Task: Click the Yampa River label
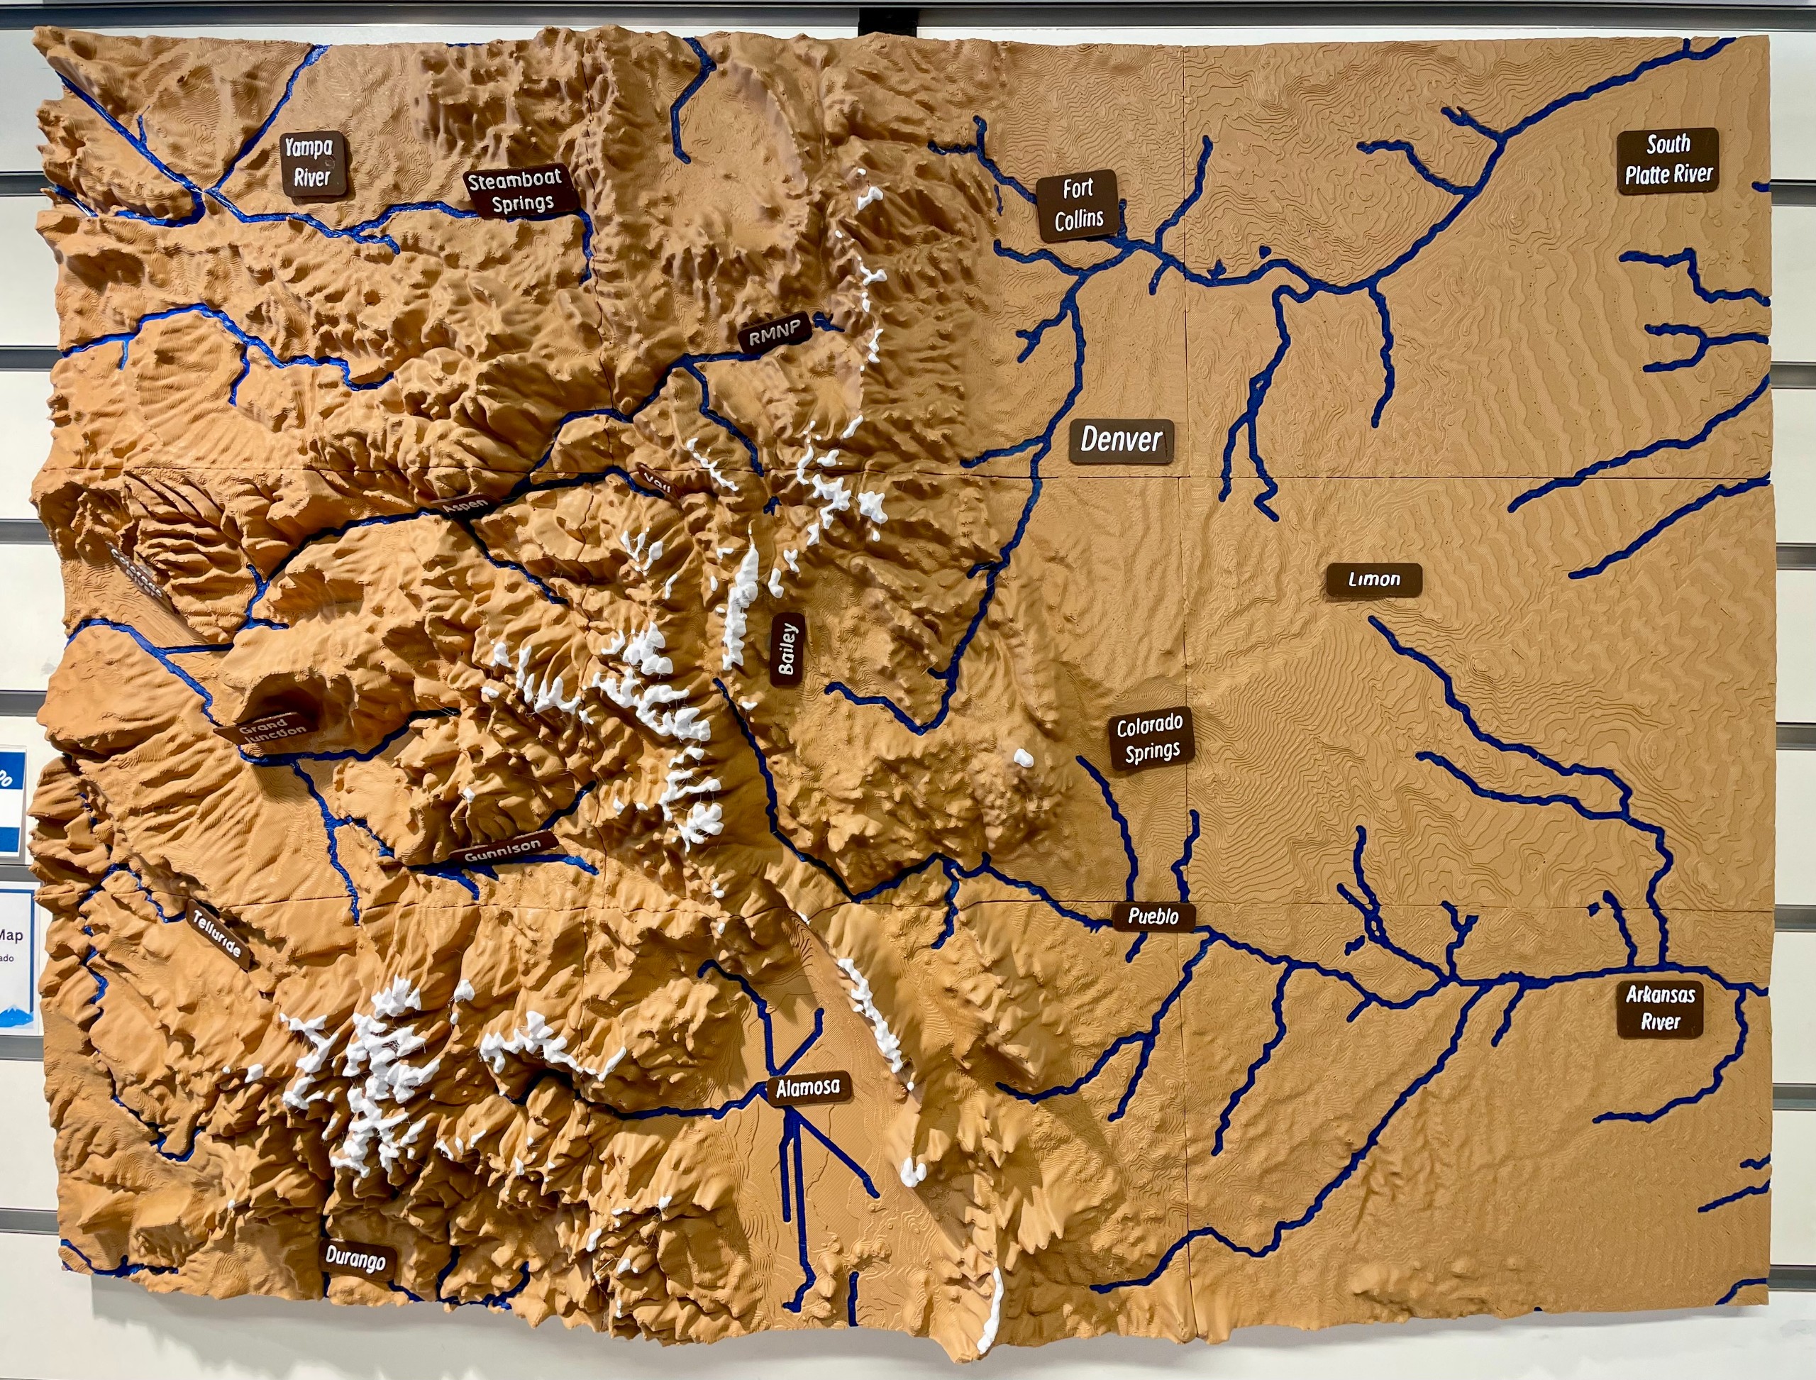tap(312, 162)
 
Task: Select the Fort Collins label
tap(1078, 204)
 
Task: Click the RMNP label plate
tap(775, 332)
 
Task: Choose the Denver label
tap(1121, 441)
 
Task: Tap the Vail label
tap(657, 480)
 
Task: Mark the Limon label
tap(1374, 580)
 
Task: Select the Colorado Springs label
tap(1151, 739)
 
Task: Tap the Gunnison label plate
tap(503, 849)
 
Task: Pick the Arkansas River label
tap(1659, 1008)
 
